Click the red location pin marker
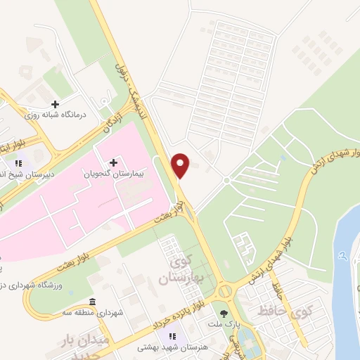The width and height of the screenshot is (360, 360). pyautogui.click(x=181, y=165)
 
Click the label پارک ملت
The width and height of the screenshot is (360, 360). pyautogui.click(x=224, y=324)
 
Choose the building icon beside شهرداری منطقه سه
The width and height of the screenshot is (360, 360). pyautogui.click(x=93, y=300)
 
